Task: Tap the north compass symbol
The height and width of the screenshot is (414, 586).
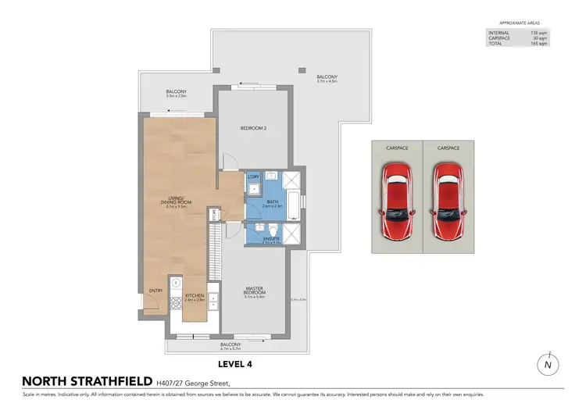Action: click(549, 365)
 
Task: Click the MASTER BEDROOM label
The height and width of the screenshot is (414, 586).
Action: click(255, 291)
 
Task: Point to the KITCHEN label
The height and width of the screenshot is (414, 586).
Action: click(194, 297)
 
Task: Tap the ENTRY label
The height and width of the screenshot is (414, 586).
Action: click(155, 291)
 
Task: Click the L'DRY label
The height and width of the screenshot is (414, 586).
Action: click(253, 177)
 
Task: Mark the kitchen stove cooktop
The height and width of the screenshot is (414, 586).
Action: click(176, 285)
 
